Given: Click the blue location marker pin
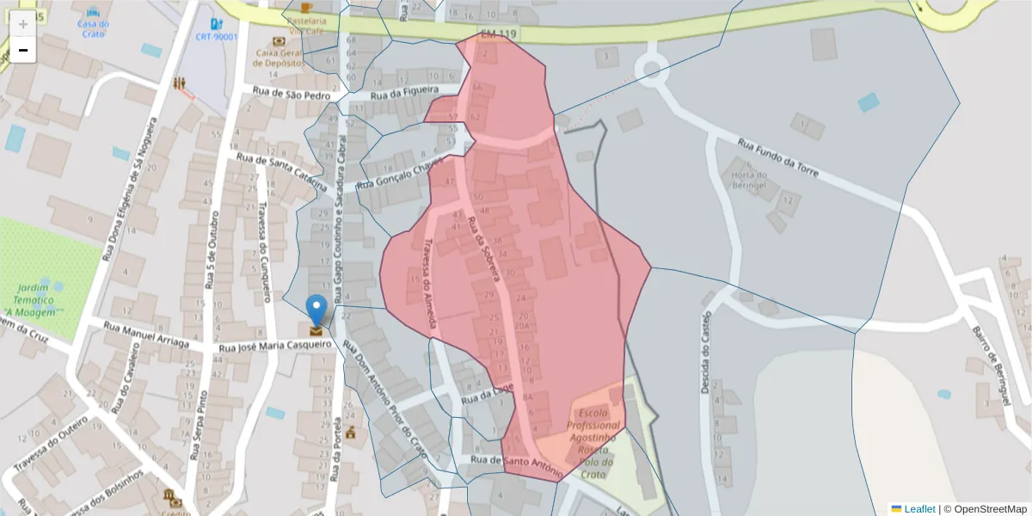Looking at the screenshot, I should point(316,310).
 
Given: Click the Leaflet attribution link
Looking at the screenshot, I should point(919,509).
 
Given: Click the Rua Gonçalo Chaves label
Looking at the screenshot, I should point(400,172).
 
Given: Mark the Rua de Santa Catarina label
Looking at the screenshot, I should point(281,171).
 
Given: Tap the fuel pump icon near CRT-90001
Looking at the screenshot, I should point(215,23).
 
